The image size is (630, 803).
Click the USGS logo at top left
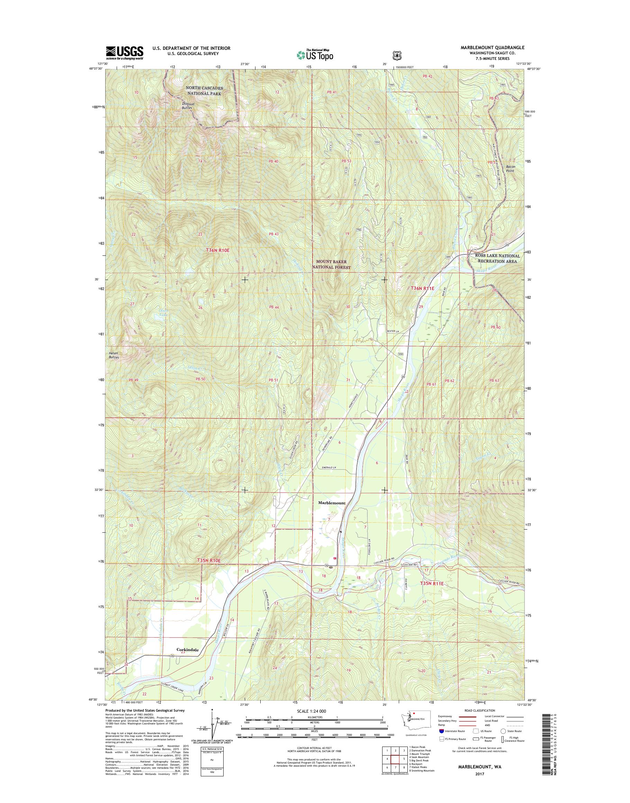[125, 53]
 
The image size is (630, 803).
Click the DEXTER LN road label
[393, 332]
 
